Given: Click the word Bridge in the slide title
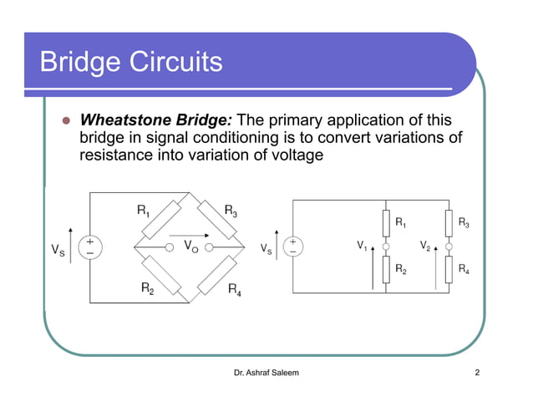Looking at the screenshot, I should pos(83,62).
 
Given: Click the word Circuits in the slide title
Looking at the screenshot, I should pos(179,62).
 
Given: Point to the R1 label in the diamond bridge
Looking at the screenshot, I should pos(145,211).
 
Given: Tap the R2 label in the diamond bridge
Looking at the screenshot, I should pos(146,289).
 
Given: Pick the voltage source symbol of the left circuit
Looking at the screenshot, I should pos(89,247).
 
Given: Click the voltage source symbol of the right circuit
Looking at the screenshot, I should pos(293,247).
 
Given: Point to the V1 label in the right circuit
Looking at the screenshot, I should pos(362,246).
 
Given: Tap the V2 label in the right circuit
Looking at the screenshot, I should pos(424,246).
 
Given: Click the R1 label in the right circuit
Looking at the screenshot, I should pos(401,224).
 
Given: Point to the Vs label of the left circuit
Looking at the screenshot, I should pos(56,248).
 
